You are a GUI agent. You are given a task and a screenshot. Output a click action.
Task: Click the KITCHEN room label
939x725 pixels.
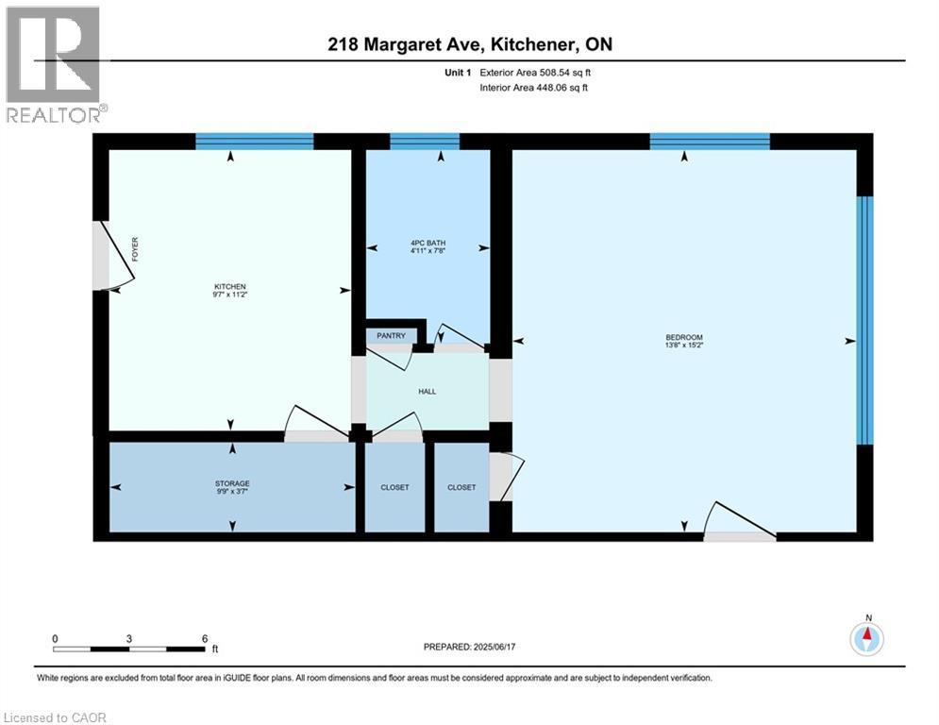click(x=229, y=286)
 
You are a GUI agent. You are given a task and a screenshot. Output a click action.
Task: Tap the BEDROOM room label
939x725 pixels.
click(x=684, y=337)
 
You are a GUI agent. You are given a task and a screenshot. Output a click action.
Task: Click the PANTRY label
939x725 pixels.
click(x=391, y=336)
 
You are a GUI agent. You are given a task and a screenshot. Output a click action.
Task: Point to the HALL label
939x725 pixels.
click(x=427, y=391)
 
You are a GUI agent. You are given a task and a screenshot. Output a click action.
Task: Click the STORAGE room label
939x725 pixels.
click(x=231, y=483)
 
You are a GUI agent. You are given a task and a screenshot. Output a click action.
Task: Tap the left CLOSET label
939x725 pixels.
click(x=394, y=488)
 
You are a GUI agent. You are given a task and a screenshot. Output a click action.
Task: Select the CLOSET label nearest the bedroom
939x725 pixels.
click(x=461, y=488)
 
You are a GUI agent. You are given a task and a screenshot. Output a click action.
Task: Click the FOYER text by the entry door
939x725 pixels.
click(x=135, y=249)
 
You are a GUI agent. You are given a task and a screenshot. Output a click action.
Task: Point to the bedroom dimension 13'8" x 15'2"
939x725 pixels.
click(x=684, y=346)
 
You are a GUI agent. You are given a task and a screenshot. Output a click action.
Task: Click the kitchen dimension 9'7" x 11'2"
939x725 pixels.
click(x=229, y=295)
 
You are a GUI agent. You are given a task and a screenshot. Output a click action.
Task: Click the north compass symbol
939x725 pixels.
click(x=866, y=638)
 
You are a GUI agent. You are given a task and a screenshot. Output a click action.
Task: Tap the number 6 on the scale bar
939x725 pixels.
click(x=204, y=638)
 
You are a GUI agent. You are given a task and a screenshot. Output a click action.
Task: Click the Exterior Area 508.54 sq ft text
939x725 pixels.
click(x=535, y=72)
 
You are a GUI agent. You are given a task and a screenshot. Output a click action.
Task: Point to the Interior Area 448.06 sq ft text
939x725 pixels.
click(x=535, y=88)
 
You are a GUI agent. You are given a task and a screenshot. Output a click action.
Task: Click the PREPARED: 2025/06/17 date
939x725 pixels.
click(x=472, y=647)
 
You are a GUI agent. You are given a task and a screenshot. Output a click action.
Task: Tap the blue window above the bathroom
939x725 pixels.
click(x=425, y=142)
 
